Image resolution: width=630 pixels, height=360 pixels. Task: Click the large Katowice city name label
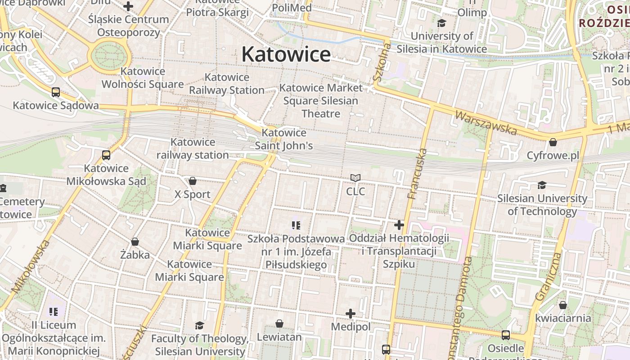click(286, 54)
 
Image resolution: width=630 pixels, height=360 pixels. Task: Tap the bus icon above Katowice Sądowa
click(56, 92)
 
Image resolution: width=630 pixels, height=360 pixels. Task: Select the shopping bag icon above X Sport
click(193, 181)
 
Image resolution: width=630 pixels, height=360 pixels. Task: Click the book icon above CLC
click(355, 178)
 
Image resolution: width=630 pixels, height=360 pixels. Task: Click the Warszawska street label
click(486, 123)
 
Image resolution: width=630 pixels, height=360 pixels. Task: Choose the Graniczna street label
click(549, 276)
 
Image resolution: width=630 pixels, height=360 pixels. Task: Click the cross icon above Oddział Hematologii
click(399, 225)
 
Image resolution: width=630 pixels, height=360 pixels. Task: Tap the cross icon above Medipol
click(351, 313)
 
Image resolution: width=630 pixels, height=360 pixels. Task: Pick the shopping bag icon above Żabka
click(135, 242)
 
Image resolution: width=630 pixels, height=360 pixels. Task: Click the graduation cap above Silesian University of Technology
click(542, 185)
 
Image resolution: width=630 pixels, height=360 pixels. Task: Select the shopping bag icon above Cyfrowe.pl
click(553, 142)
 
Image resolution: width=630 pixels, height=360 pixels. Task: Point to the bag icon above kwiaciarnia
click(562, 305)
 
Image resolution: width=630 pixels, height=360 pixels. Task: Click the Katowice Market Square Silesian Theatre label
click(321, 100)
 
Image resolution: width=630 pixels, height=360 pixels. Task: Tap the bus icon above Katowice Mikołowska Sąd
click(106, 155)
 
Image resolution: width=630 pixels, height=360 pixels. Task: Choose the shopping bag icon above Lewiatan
click(279, 324)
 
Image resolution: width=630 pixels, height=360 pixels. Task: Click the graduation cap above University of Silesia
click(441, 23)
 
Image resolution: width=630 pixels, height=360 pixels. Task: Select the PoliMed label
click(292, 8)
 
